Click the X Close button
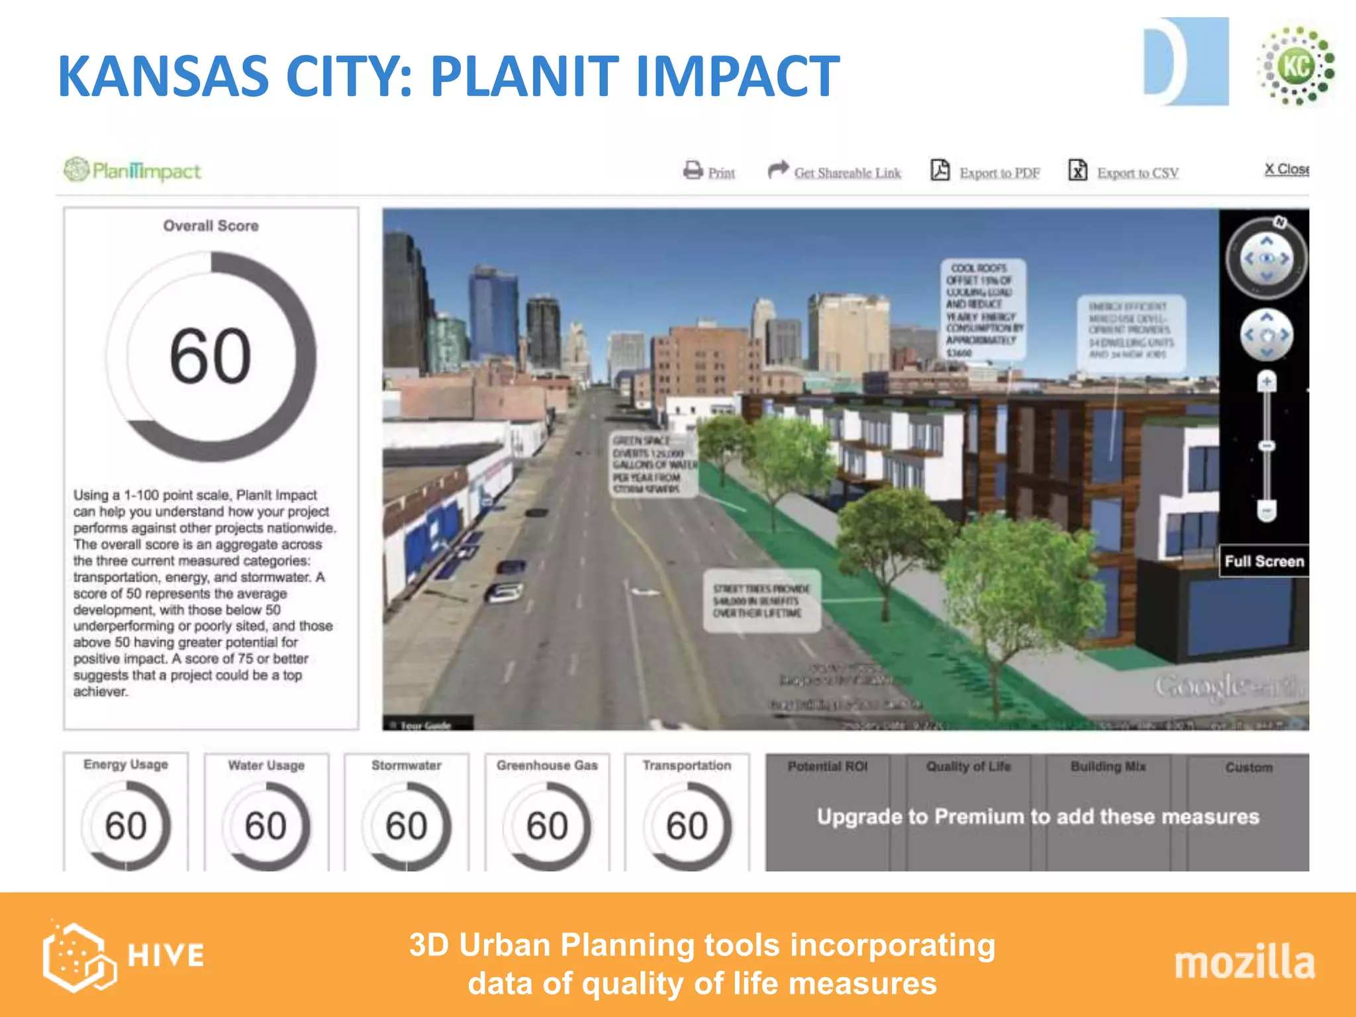pyautogui.click(x=1286, y=169)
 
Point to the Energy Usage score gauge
pyautogui.click(x=126, y=825)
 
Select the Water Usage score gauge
pyautogui.click(x=266, y=825)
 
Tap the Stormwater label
pyautogui.click(x=407, y=765)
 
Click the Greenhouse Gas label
pyautogui.click(x=547, y=765)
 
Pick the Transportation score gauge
pyautogui.click(x=687, y=825)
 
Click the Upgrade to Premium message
pyautogui.click(x=1038, y=816)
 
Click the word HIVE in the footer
pyautogui.click(x=166, y=955)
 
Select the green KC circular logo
pyautogui.click(x=1297, y=66)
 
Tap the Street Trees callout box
pyautogui.click(x=761, y=601)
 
